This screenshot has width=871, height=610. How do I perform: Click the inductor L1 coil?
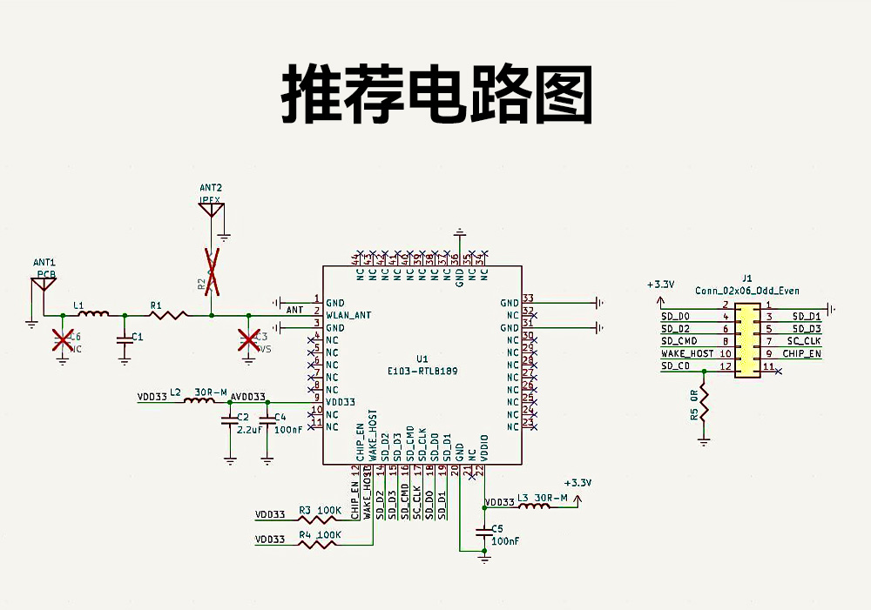click(x=92, y=314)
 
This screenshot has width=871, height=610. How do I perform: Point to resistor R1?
click(x=169, y=314)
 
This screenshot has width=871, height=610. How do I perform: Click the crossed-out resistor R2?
click(x=212, y=271)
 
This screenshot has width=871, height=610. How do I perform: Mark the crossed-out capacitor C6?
click(x=62, y=339)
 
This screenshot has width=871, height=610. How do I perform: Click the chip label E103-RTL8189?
click(x=422, y=371)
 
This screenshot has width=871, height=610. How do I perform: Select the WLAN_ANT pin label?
click(x=348, y=314)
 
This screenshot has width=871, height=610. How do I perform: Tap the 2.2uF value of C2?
click(x=248, y=430)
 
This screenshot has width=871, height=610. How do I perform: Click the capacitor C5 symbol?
click(x=484, y=530)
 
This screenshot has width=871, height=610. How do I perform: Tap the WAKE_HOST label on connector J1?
click(x=687, y=354)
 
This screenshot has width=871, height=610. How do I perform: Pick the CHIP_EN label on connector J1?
click(x=801, y=354)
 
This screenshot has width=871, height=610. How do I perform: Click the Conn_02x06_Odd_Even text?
click(x=747, y=291)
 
